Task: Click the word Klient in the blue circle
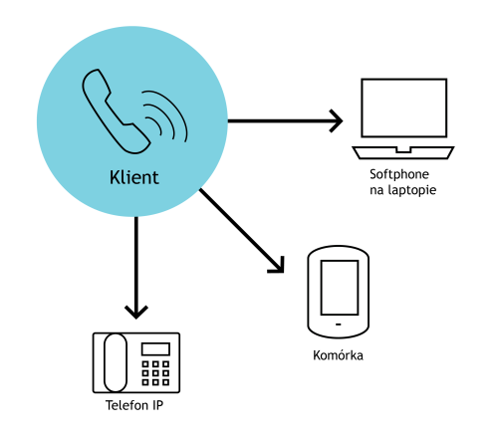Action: pos(134,177)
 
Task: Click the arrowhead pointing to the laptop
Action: pos(336,120)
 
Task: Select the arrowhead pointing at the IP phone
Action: pos(136,312)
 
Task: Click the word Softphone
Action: pos(399,174)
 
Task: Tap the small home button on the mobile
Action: pos(339,325)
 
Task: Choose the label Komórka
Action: pos(338,355)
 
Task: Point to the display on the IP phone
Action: pos(155,349)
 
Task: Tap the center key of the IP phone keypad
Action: pos(155,373)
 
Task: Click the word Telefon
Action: pos(126,405)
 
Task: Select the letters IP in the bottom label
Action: pos(158,405)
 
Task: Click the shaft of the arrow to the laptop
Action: pos(282,120)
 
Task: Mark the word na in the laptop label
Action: pos(377,191)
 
